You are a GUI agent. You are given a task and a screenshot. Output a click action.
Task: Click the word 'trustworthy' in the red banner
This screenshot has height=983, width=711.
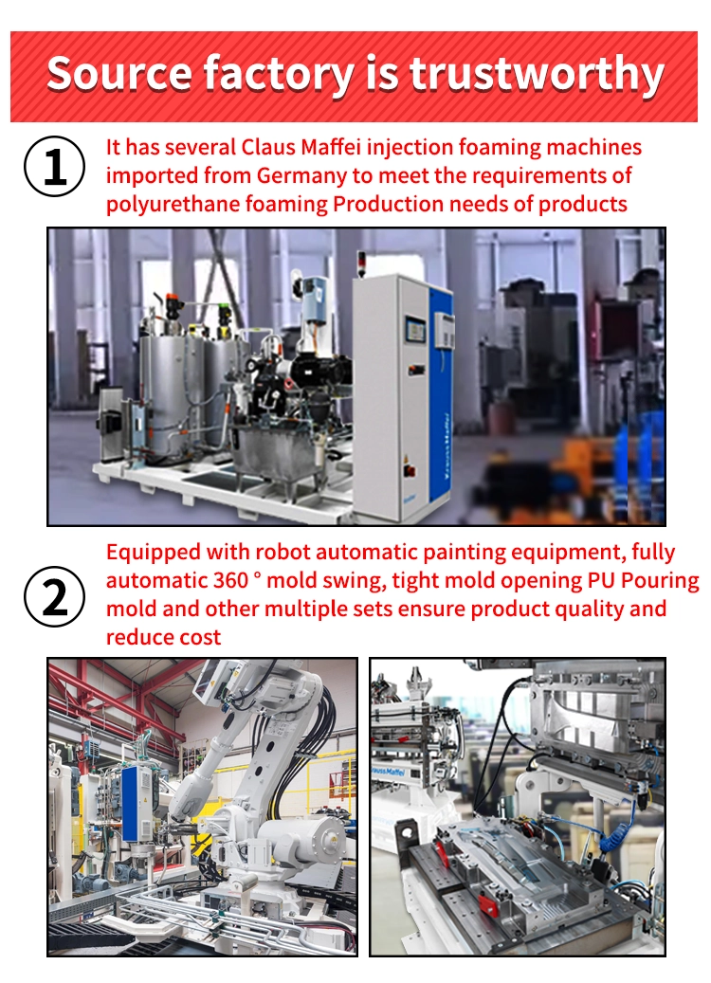click(x=537, y=74)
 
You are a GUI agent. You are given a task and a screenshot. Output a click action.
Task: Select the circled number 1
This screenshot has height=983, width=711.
click(x=55, y=167)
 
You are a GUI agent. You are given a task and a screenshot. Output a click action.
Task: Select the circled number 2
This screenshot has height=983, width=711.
click(x=55, y=597)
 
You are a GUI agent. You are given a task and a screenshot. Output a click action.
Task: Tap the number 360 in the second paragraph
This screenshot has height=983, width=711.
click(x=230, y=580)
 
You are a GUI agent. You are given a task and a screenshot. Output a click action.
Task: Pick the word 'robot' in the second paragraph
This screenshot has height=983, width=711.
click(x=283, y=552)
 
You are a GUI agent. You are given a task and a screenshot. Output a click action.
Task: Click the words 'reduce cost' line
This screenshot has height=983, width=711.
click(x=163, y=637)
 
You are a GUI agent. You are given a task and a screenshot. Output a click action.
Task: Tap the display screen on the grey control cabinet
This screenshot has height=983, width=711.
click(x=415, y=330)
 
